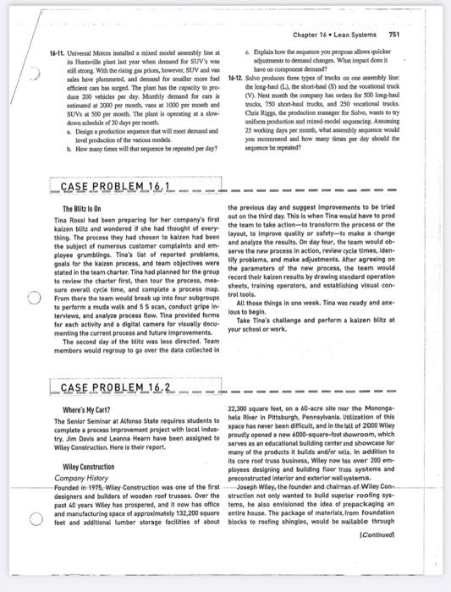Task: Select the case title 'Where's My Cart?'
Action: click(x=88, y=410)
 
